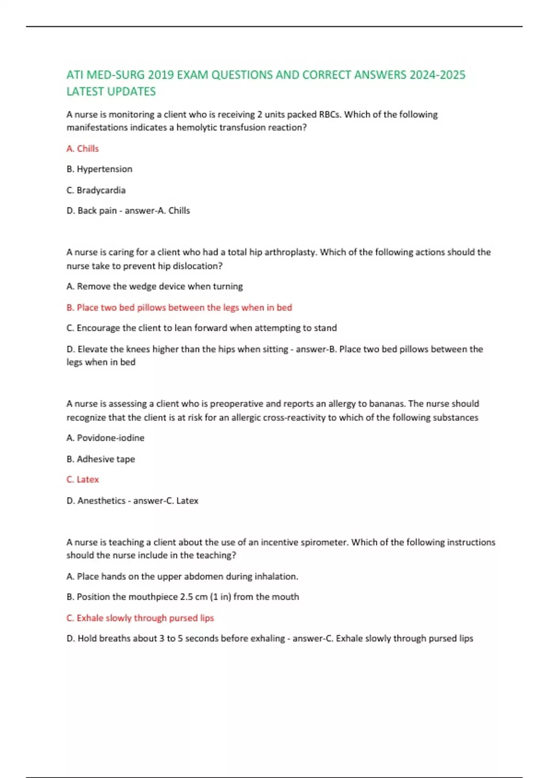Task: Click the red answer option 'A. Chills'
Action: pyautogui.click(x=82, y=149)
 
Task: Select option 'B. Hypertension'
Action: pyautogui.click(x=99, y=169)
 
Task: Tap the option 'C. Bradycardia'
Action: pyautogui.click(x=96, y=190)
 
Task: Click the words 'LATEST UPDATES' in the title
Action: pyautogui.click(x=111, y=92)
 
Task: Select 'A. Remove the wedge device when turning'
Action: pyautogui.click(x=155, y=286)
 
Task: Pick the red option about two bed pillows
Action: pyautogui.click(x=179, y=308)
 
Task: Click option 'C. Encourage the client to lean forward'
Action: pyautogui.click(x=201, y=328)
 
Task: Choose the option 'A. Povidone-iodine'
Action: pyautogui.click(x=105, y=438)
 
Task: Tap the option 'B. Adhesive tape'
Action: pyautogui.click(x=101, y=459)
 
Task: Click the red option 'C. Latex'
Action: pyautogui.click(x=82, y=480)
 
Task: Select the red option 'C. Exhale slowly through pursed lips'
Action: pyautogui.click(x=140, y=618)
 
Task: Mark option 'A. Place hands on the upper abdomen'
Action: pyautogui.click(x=182, y=577)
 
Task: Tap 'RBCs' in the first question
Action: pyautogui.click(x=329, y=114)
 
